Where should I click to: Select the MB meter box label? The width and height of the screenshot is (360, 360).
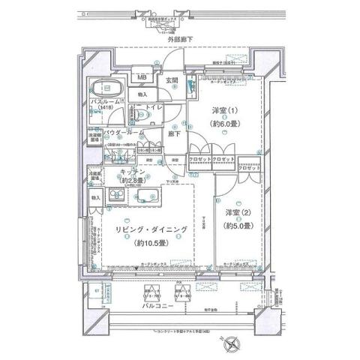coord(142,76)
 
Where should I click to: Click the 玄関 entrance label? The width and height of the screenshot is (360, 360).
coord(171,80)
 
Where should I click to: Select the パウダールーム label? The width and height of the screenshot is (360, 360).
coord(120,132)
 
